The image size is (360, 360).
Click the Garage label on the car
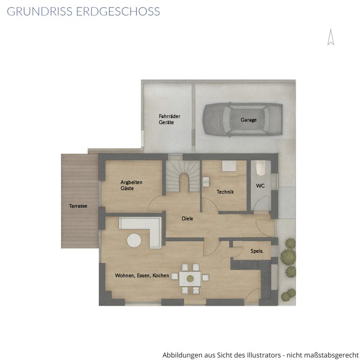tap(248, 120)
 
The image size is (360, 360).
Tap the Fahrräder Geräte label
tap(169, 120)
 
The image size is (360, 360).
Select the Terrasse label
tap(78, 206)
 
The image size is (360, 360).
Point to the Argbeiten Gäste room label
tap(131, 185)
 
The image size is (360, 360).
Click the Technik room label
tap(225, 192)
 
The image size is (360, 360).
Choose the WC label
tap(260, 186)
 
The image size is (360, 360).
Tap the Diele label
tap(187, 218)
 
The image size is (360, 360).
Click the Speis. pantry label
tap(257, 251)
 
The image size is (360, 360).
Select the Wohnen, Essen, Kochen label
tap(142, 276)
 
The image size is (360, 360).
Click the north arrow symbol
tap(330, 37)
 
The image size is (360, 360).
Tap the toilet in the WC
tap(260, 168)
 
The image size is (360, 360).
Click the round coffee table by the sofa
tap(134, 240)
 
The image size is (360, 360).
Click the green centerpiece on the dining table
tap(190, 279)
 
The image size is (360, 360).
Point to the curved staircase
tap(183, 176)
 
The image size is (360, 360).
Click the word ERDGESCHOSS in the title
tap(118, 11)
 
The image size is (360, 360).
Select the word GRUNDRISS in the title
tap(40, 11)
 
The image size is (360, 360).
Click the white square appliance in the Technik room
tap(229, 166)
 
